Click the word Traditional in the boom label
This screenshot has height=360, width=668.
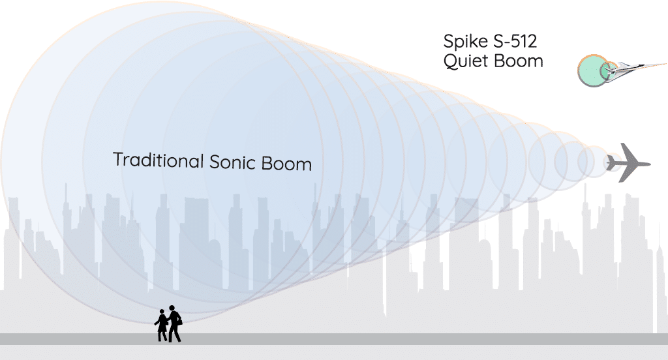click(x=159, y=160)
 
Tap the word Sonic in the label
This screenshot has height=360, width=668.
click(x=232, y=162)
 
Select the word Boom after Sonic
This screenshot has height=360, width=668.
click(x=286, y=164)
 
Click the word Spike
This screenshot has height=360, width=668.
click(x=465, y=42)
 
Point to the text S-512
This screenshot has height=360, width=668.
click(x=515, y=41)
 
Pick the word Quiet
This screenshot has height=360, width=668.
click(x=464, y=61)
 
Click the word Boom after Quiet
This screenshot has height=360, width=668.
click(x=518, y=61)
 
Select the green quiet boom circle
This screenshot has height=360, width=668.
click(x=592, y=70)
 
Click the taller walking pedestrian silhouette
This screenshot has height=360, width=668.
click(x=174, y=323)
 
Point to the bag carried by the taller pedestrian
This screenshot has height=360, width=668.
click(x=179, y=321)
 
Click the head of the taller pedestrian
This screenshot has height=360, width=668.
click(x=172, y=308)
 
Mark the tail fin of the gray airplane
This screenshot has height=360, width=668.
click(x=611, y=163)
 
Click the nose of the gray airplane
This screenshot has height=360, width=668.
click(x=650, y=164)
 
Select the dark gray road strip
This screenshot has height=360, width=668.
click(x=334, y=339)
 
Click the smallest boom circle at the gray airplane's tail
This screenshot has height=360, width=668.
click(x=613, y=162)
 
